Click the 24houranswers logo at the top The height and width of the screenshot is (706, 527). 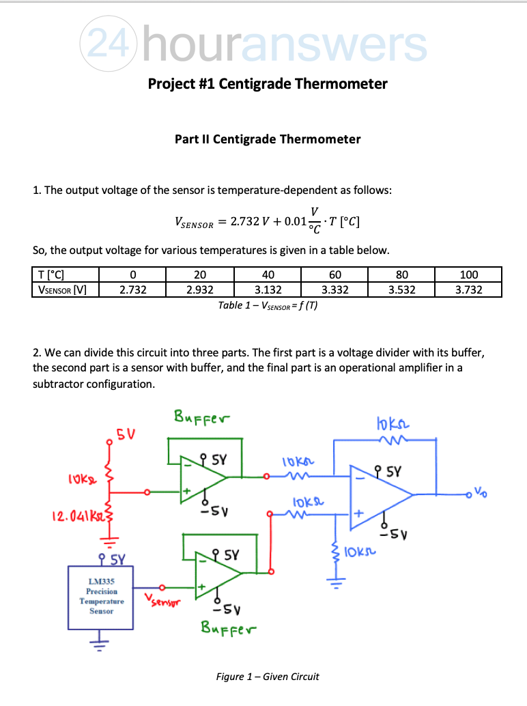[x=253, y=44]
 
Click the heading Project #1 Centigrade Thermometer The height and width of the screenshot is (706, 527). [x=268, y=84]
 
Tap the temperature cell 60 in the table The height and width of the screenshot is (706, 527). [x=334, y=275]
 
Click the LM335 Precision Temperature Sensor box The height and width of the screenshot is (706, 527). [x=102, y=595]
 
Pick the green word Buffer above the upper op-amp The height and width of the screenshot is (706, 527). [x=202, y=415]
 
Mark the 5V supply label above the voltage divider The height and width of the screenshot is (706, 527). [x=125, y=434]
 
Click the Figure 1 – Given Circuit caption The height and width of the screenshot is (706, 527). [x=267, y=677]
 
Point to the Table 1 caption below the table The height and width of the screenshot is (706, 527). [x=267, y=305]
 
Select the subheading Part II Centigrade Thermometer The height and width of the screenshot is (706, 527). [x=268, y=139]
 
